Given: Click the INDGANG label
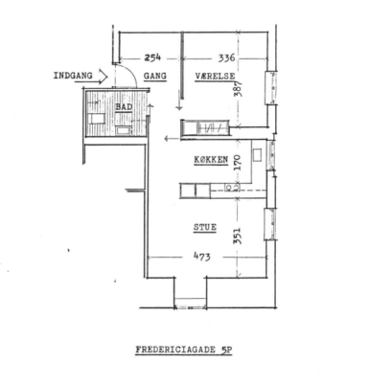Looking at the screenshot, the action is point(73,76).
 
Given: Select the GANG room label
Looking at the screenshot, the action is point(155,76).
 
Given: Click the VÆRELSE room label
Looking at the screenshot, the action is point(216,77).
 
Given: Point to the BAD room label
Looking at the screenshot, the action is point(124,107).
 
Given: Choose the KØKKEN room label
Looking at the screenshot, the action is point(211,160).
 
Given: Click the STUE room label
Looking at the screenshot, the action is point(205,227).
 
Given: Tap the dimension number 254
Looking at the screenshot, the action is point(152,57).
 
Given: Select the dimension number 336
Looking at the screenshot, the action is point(226,57).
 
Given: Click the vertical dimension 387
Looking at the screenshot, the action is point(239,88).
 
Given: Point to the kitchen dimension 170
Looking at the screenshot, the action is point(239,163).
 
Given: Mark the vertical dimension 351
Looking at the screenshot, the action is point(238,236).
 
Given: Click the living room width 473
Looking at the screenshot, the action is point(202,257).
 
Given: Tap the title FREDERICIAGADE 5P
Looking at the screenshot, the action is point(184,349).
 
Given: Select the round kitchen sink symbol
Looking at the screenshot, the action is point(229,188).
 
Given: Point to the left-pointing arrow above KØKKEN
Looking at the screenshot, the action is point(173,139).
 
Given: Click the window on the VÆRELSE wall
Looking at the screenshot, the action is point(271,87).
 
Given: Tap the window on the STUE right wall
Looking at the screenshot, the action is point(270,224).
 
